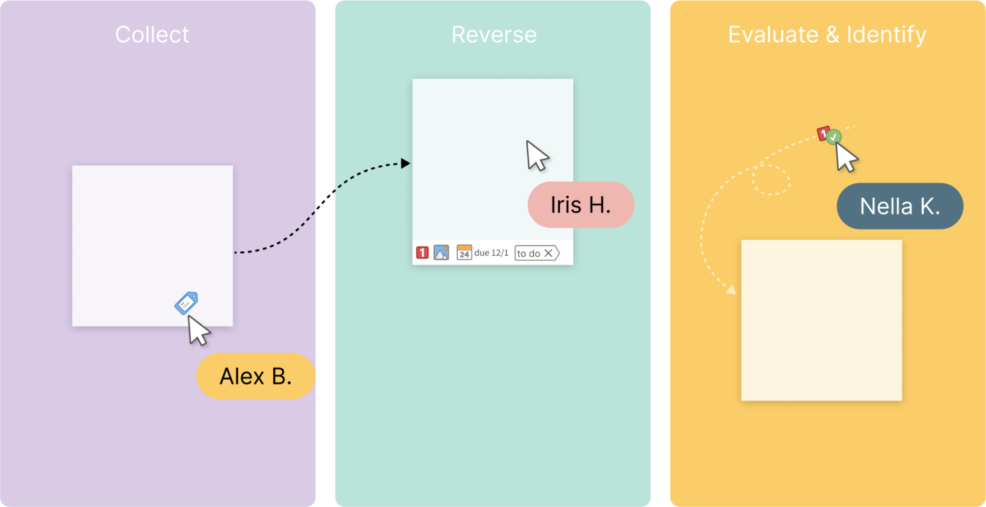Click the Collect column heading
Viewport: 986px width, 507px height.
pos(152,35)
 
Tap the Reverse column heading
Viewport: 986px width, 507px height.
pos(494,35)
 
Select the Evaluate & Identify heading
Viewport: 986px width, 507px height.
pos(827,35)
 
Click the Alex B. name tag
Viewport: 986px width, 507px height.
pos(255,376)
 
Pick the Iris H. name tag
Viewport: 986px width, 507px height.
pos(580,205)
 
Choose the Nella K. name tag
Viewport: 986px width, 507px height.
pos(899,206)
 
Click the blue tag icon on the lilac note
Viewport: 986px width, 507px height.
pos(186,303)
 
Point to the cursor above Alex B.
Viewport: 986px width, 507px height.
pos(198,330)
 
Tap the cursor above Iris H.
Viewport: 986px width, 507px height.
pos(537,155)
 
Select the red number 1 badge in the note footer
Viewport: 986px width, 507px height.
pos(422,253)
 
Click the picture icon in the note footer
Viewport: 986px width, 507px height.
pos(441,253)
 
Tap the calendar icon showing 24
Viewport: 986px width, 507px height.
pos(464,253)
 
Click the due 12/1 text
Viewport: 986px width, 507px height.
pos(492,253)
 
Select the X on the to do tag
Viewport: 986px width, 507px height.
pos(548,253)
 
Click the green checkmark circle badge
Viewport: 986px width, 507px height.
pos(834,137)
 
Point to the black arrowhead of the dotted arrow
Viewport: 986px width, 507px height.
pos(406,163)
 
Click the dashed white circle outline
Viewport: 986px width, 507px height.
pos(771,180)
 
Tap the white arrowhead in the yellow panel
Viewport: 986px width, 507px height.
pos(731,289)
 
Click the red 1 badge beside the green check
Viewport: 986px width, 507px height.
pos(823,134)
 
